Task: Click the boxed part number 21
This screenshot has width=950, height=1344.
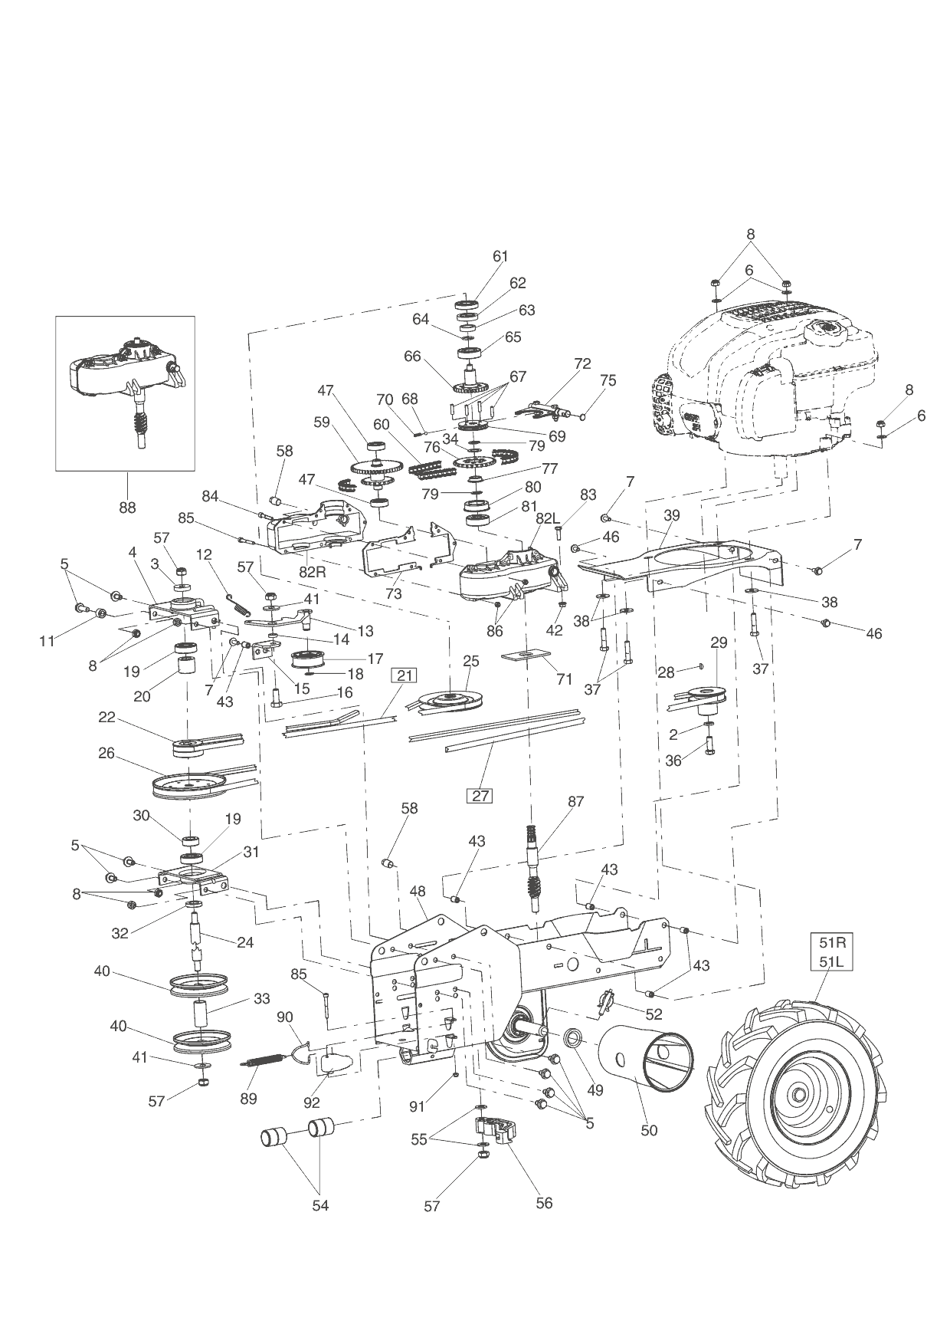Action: (405, 675)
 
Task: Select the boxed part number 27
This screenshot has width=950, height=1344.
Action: (480, 795)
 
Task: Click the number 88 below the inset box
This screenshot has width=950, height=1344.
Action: (126, 507)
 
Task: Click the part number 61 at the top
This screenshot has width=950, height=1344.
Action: (500, 256)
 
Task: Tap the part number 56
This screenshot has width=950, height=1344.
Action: (543, 1203)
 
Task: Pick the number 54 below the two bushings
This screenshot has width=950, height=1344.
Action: (320, 1205)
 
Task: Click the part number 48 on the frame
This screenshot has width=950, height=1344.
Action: (418, 892)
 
